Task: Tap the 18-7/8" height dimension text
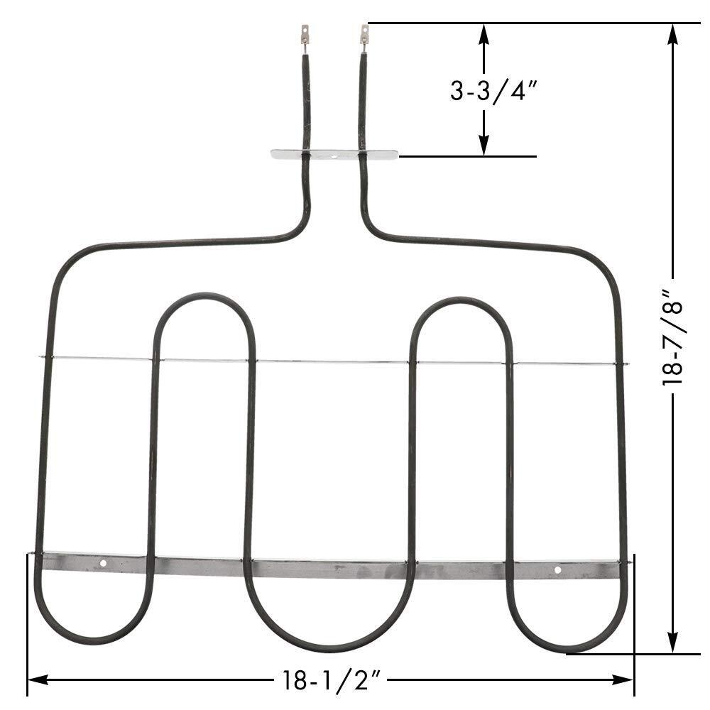tap(672, 337)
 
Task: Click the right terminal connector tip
tap(364, 32)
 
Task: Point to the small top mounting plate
tap(334, 154)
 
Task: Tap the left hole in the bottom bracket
tap(104, 564)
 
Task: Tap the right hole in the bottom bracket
tap(557, 569)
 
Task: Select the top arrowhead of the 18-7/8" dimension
tap(672, 32)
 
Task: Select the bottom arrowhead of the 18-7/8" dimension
tap(672, 644)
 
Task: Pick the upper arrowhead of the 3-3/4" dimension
tap(484, 33)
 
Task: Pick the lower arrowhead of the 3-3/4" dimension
tap(484, 147)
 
